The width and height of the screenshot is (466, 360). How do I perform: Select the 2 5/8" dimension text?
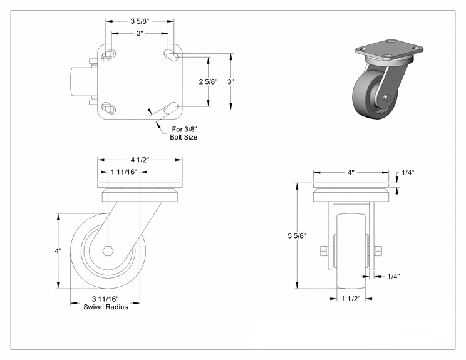[208, 82]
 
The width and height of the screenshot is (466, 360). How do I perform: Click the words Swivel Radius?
[106, 307]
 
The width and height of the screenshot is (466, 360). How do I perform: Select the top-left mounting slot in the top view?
[108, 54]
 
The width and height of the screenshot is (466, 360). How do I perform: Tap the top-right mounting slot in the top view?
[170, 54]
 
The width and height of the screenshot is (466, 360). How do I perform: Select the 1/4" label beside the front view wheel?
[393, 276]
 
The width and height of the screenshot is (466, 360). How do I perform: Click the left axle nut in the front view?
[323, 252]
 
